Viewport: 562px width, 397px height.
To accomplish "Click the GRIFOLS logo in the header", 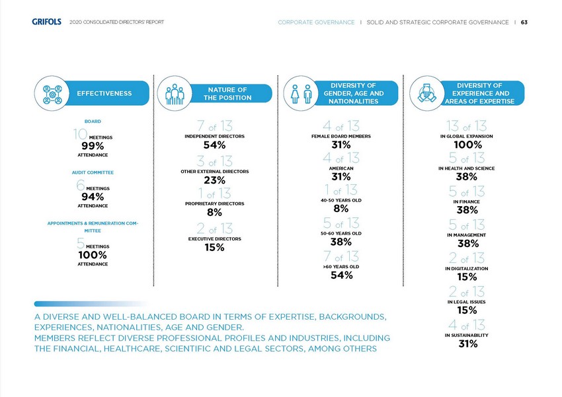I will (x=46, y=22).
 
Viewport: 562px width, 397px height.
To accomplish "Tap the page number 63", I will (x=524, y=22).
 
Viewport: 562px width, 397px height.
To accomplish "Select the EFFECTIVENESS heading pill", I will (x=104, y=93).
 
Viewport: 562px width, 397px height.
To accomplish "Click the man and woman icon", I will (x=301, y=94).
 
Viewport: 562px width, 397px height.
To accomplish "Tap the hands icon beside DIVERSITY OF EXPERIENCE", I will (x=426, y=94).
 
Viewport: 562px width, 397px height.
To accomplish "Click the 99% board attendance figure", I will (x=90, y=145).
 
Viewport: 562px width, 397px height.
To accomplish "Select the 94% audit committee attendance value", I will (x=90, y=196).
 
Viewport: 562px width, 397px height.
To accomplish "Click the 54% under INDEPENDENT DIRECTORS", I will (x=215, y=145).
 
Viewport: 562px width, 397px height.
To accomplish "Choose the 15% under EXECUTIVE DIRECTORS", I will (x=215, y=248).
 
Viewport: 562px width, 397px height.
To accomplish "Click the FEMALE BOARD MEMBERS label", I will (x=341, y=135).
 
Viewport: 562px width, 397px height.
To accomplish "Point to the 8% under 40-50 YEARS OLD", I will (x=341, y=208).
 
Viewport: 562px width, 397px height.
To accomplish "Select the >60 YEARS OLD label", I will (x=341, y=266).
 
